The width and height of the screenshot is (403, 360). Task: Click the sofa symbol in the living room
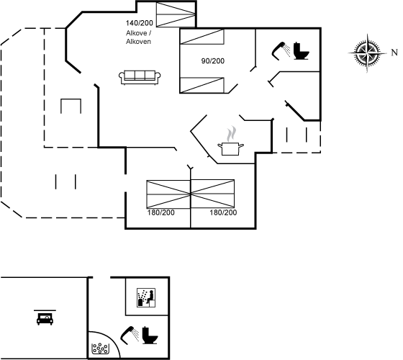pyautogui.click(x=140, y=77)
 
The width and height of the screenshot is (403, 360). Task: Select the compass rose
pyautogui.click(x=368, y=53)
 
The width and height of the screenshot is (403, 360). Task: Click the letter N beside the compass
pyautogui.click(x=394, y=53)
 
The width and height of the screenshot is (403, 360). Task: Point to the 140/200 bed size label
pyautogui.click(x=140, y=23)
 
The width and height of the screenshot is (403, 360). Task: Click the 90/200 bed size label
pyautogui.click(x=213, y=61)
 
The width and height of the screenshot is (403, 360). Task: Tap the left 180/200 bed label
pyautogui.click(x=161, y=212)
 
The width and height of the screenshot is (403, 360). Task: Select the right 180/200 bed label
pyautogui.click(x=223, y=212)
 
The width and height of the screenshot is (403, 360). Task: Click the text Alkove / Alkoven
pyautogui.click(x=138, y=37)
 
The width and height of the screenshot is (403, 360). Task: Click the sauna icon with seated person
pyautogui.click(x=146, y=297)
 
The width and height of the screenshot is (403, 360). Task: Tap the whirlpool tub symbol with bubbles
pyautogui.click(x=100, y=348)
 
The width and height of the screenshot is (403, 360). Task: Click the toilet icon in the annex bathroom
pyautogui.click(x=150, y=336)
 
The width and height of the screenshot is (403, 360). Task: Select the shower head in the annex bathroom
pyautogui.click(x=130, y=335)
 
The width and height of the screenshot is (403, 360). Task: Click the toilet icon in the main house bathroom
pyautogui.click(x=302, y=51)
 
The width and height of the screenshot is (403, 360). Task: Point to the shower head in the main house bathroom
pyautogui.click(x=281, y=51)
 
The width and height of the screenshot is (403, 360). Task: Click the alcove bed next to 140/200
pyautogui.click(x=176, y=14)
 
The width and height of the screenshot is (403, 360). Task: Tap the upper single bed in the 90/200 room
pyautogui.click(x=202, y=37)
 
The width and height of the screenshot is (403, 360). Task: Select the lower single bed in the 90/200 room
pyautogui.click(x=202, y=85)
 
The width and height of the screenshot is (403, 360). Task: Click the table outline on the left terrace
pyautogui.click(x=71, y=106)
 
